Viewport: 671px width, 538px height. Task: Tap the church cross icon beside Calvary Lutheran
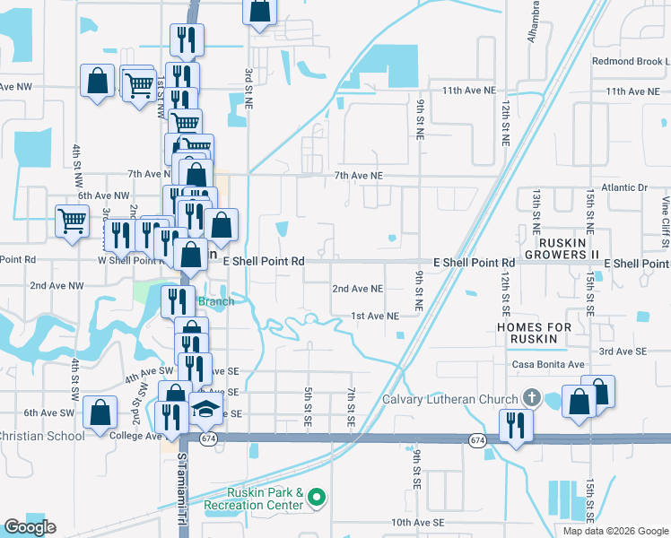click(530, 398)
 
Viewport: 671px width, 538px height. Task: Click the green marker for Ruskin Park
click(317, 495)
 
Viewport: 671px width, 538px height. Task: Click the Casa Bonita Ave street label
click(547, 365)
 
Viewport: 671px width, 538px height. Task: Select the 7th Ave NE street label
click(358, 176)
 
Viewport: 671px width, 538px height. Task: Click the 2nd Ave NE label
click(358, 289)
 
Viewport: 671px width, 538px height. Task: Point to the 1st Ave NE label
click(374, 316)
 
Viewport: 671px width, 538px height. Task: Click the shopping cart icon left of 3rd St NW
click(72, 220)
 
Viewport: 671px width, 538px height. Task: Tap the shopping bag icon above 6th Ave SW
click(100, 412)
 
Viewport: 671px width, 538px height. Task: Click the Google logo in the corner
click(30, 527)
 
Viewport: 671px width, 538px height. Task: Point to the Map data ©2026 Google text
click(614, 531)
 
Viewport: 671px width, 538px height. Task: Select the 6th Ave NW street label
click(103, 195)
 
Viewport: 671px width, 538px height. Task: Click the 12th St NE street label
click(506, 124)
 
